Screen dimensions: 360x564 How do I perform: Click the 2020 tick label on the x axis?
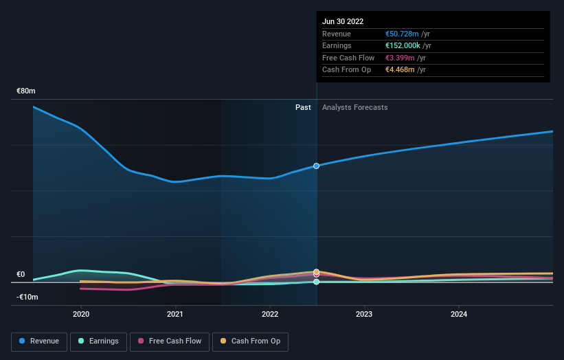[81, 314]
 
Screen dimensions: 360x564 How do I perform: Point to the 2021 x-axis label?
[175, 314]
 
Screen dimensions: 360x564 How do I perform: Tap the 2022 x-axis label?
[270, 314]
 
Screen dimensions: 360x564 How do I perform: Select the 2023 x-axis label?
[364, 314]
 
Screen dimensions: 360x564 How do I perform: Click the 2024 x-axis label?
[459, 314]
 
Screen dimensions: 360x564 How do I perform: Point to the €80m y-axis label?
[26, 91]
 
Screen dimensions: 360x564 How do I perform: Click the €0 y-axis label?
[21, 274]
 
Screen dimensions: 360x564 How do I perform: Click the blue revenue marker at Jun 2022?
[316, 166]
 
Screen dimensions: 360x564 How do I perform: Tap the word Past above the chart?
[303, 107]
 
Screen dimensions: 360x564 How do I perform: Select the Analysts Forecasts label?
[354, 107]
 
